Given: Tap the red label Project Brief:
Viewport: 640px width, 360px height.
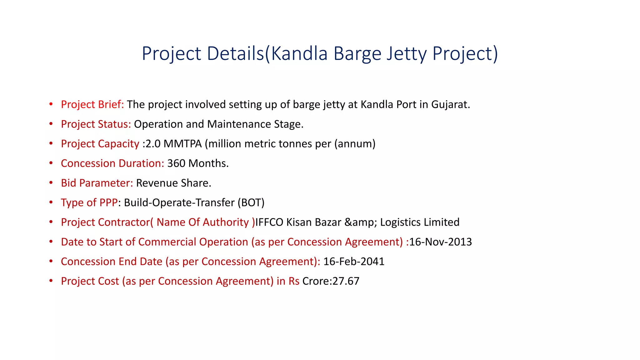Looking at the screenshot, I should (92, 104).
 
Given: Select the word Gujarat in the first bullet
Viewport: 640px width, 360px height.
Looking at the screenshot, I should (450, 104).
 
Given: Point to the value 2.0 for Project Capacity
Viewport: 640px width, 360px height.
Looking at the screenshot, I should (153, 144).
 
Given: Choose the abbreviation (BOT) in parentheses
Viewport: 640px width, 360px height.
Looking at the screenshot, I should (251, 203).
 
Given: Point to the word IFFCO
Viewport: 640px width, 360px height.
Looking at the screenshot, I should (269, 222).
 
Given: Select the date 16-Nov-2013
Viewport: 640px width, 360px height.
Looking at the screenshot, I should (441, 242).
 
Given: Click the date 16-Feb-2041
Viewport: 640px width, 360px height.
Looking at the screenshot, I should (354, 262).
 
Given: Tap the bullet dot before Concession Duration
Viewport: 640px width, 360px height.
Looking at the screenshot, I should (51, 163).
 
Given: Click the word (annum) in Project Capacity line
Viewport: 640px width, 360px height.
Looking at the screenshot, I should (355, 144).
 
